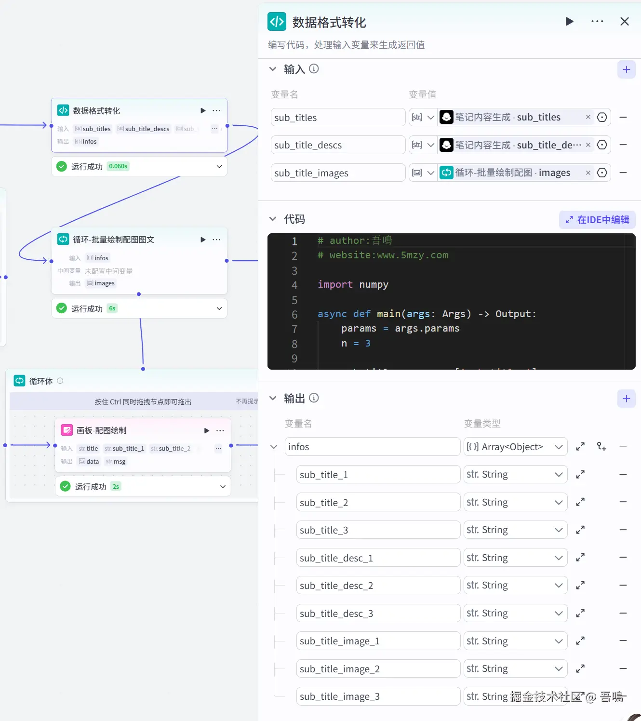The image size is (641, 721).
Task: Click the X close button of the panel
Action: click(x=624, y=22)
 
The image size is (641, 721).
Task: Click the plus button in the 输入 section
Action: click(x=626, y=69)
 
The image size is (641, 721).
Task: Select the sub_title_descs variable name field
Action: click(x=338, y=145)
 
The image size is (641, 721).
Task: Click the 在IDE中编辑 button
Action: click(x=597, y=220)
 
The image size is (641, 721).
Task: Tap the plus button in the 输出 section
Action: click(x=626, y=399)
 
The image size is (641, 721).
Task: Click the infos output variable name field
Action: click(x=373, y=447)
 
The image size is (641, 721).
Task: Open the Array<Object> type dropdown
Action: click(x=515, y=447)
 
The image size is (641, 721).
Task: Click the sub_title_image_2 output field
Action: click(x=378, y=669)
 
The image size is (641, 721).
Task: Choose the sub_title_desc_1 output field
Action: click(x=378, y=558)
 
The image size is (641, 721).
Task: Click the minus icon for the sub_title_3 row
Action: click(x=623, y=530)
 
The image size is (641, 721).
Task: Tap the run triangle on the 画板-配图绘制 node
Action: click(x=207, y=430)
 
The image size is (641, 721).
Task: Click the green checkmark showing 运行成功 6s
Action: click(x=62, y=308)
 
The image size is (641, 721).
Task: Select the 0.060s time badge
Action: click(x=118, y=166)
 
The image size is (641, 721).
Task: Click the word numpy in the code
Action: click(x=374, y=285)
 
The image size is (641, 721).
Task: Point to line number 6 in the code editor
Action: click(x=294, y=315)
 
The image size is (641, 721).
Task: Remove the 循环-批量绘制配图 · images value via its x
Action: click(x=588, y=173)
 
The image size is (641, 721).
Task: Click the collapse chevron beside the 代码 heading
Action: click(x=273, y=219)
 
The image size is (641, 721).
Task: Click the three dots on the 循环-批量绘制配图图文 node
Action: click(x=217, y=240)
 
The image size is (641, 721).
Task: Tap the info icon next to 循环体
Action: click(x=60, y=381)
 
